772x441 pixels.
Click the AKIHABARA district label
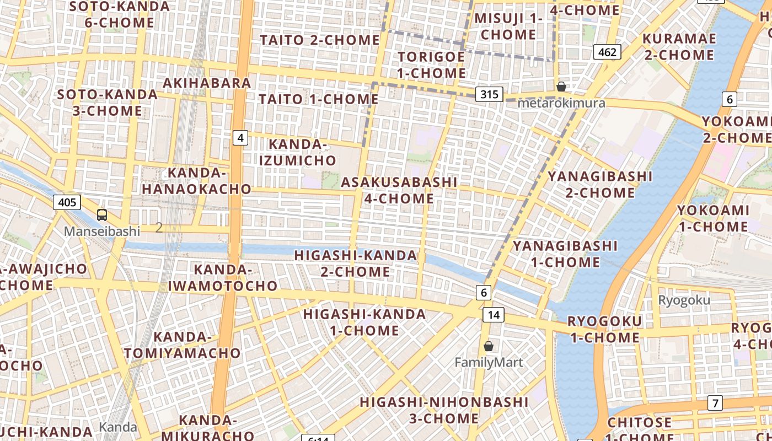207,83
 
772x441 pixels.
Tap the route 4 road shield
240,137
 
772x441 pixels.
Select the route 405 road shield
67,202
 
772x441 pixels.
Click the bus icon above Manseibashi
101,215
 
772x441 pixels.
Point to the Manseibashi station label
102,231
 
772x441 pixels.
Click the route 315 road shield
489,94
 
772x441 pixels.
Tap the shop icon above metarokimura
561,87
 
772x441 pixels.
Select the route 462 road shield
607,52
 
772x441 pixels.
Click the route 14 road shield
493,315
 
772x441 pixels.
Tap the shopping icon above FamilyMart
488,346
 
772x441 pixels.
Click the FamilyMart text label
489,362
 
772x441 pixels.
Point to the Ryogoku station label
684,300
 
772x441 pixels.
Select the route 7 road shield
715,403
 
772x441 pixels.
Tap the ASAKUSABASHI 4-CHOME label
399,190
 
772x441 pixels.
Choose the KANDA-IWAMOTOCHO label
223,278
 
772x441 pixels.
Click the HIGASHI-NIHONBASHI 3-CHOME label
444,410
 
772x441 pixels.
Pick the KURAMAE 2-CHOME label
679,47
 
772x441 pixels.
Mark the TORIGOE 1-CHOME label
432,65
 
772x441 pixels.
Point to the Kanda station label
118,427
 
